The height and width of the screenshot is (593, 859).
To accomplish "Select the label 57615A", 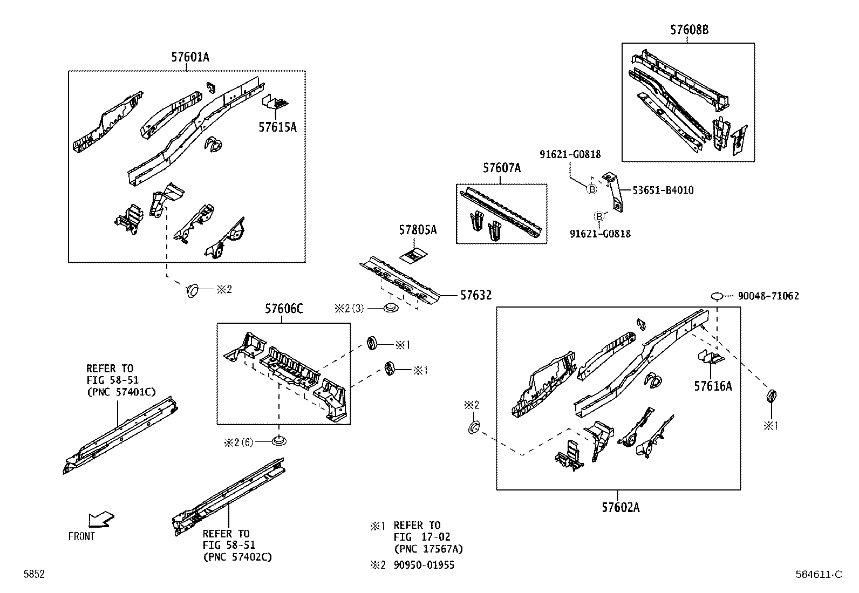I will [x=277, y=127].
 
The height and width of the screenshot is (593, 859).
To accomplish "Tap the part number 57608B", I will [x=689, y=30].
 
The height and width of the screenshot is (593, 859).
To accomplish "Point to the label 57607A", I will [x=501, y=168].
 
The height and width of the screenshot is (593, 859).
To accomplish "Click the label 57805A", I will [x=418, y=230].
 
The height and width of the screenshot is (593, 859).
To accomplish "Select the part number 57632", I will [x=476, y=295].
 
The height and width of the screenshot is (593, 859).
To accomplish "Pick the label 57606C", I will [x=283, y=309].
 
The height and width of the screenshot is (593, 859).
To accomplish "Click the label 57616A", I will [x=713, y=386].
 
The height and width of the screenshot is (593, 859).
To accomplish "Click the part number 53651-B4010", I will [x=663, y=190].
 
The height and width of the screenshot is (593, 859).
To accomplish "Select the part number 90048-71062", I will [x=768, y=296].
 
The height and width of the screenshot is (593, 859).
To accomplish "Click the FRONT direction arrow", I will [x=101, y=519].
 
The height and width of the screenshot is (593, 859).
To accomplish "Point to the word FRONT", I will [x=81, y=536].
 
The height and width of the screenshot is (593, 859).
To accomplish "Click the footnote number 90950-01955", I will [x=424, y=565].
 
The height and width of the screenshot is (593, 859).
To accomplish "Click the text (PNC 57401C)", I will [x=121, y=392].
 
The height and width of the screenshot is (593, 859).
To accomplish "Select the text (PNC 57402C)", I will [x=237, y=557].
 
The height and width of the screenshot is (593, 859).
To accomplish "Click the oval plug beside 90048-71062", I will [x=717, y=296].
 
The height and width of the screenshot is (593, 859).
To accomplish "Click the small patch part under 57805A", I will [x=414, y=256].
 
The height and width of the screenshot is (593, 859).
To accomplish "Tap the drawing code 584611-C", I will [x=817, y=575].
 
